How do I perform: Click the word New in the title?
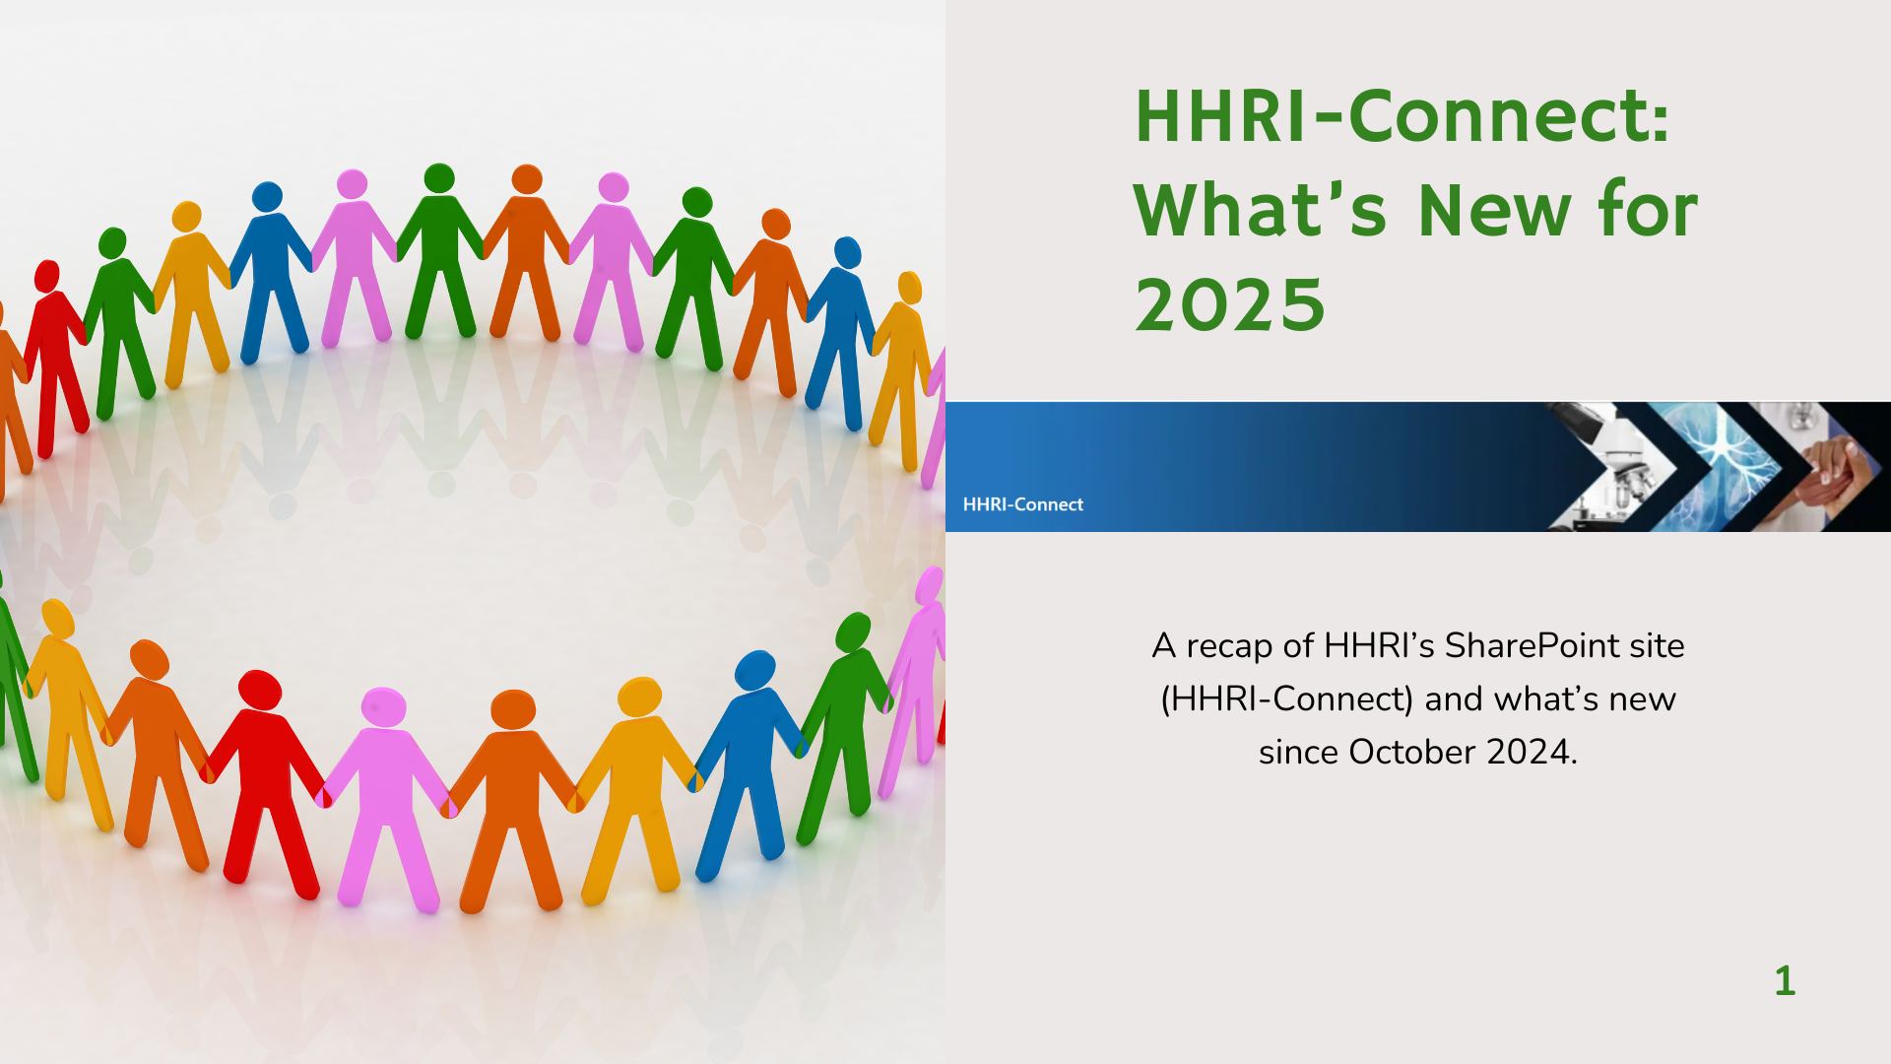[x=1495, y=211]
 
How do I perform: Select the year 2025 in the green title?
[x=1230, y=305]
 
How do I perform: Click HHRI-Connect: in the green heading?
[x=1402, y=116]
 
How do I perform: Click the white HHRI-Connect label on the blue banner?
[x=1022, y=504]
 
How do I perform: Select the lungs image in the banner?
[x=1718, y=466]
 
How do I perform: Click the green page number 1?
[x=1785, y=981]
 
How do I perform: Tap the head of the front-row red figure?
[x=260, y=690]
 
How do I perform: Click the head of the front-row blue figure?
[x=755, y=670]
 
